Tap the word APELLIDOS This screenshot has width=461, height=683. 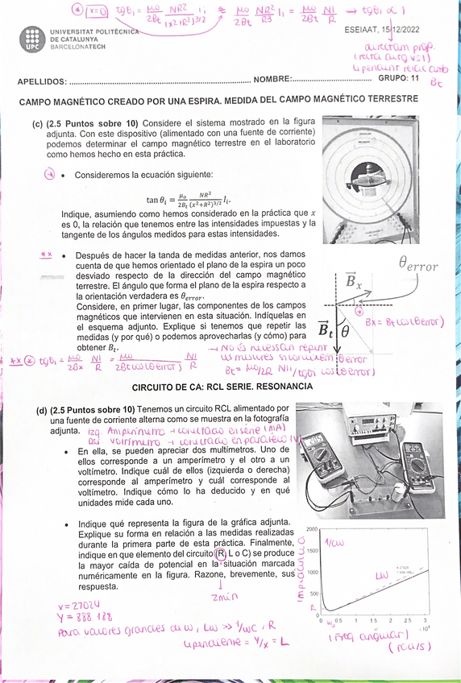click(x=42, y=81)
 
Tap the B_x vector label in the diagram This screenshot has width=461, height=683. click(x=353, y=282)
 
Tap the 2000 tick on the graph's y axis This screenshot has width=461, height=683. click(x=313, y=529)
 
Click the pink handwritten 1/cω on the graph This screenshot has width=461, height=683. click(x=334, y=543)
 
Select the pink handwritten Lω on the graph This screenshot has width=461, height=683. click(x=382, y=577)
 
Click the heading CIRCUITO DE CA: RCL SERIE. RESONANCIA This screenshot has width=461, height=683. click(x=234, y=387)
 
